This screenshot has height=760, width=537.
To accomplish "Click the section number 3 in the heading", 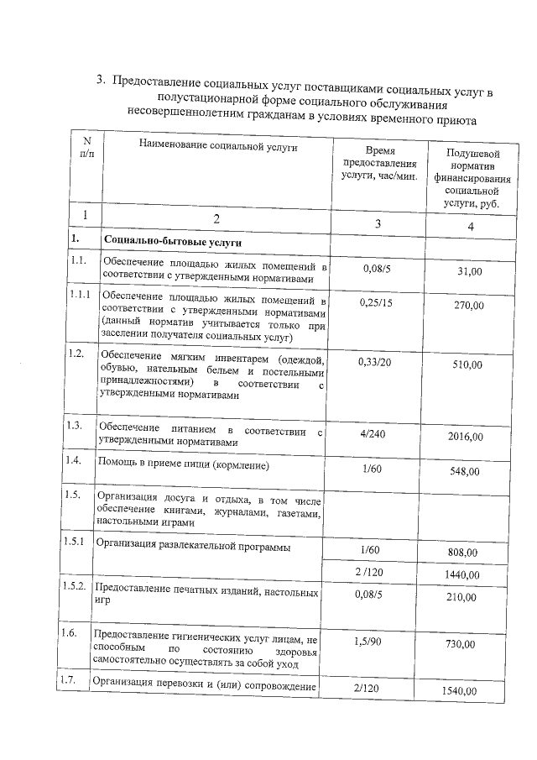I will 100,81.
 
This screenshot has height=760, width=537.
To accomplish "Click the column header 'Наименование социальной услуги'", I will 216,148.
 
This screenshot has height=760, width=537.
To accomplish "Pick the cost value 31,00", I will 470,272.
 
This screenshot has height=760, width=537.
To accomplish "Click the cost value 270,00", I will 469,307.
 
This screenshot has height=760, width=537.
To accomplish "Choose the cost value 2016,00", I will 466,438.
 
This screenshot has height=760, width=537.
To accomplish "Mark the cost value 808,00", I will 464,553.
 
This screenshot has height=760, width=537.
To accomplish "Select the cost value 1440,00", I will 461,575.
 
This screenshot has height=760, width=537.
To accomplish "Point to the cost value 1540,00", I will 460,691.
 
